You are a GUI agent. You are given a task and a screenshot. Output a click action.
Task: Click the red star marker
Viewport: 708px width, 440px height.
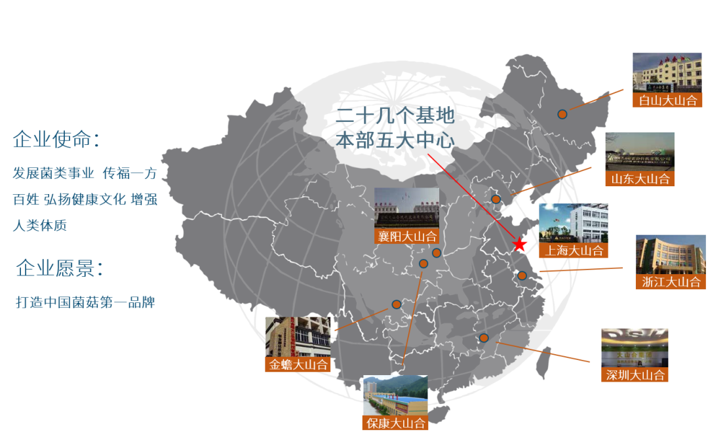click(x=520, y=245)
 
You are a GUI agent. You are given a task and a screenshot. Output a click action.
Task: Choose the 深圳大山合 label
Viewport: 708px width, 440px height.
click(x=635, y=375)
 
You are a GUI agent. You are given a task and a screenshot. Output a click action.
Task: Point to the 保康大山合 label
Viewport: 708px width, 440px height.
click(x=395, y=423)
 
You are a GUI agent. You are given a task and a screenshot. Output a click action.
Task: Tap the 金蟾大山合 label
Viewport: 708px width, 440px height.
click(x=298, y=365)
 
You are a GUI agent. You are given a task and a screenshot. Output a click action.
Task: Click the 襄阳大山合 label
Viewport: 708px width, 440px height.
click(x=406, y=236)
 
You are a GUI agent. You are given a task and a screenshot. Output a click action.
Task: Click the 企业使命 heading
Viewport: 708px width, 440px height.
click(x=56, y=140)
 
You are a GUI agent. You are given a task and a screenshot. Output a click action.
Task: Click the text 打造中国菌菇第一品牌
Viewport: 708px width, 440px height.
click(x=85, y=304)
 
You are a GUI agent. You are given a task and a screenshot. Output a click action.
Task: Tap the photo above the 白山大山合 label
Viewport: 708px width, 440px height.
click(x=666, y=72)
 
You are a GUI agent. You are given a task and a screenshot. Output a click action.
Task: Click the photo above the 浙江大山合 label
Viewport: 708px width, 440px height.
click(x=670, y=254)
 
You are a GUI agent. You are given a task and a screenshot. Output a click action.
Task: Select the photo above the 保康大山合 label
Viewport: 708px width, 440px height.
click(x=395, y=395)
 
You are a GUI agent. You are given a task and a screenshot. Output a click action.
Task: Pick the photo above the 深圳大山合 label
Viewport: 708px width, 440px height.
click(x=635, y=347)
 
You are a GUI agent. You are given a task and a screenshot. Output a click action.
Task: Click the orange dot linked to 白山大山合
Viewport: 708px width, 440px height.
click(x=562, y=114)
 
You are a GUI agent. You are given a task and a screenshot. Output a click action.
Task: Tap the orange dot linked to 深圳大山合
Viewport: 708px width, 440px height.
click(x=484, y=338)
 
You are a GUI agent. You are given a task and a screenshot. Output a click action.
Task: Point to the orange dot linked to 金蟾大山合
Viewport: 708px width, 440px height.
click(x=396, y=304)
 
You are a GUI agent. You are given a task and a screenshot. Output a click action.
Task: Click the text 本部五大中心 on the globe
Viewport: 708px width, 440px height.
click(x=395, y=139)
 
